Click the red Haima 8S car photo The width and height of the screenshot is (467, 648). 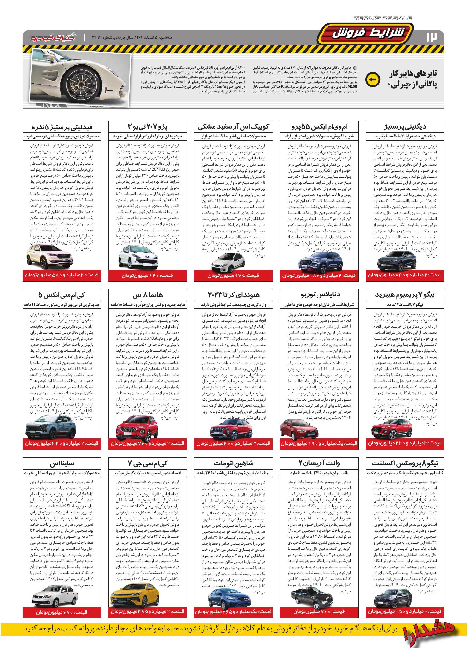(134, 430)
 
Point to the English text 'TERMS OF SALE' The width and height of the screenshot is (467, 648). (383, 19)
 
